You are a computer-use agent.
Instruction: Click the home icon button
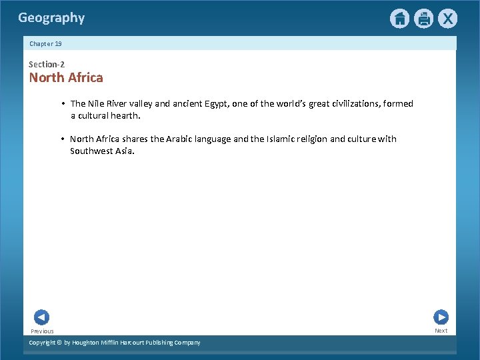tap(399, 19)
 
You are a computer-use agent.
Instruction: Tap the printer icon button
tap(423, 19)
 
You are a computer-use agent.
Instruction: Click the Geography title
tap(51, 18)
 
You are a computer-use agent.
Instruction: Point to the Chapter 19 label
tap(45, 43)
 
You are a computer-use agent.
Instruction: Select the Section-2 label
tap(47, 64)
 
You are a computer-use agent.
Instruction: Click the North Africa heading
tap(66, 77)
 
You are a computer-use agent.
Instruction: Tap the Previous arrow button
tap(41, 317)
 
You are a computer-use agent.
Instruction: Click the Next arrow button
tap(441, 317)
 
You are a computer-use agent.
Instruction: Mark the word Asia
tap(125, 151)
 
